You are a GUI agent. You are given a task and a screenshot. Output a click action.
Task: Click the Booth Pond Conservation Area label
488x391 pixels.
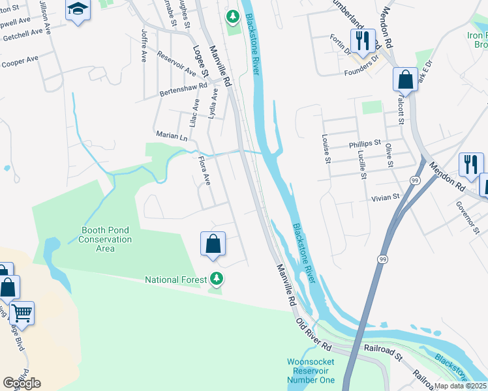[106, 239]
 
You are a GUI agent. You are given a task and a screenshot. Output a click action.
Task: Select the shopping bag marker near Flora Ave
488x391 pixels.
[213, 244]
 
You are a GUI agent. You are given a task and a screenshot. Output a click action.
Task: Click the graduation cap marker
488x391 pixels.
[78, 10]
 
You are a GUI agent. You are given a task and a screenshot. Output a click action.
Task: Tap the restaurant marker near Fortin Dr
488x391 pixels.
[363, 40]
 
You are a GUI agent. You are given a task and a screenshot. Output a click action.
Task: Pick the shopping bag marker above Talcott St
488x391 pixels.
[405, 80]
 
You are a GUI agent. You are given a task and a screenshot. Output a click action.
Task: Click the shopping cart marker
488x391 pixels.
[22, 313]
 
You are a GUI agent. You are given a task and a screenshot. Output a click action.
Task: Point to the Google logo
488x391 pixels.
[22, 383]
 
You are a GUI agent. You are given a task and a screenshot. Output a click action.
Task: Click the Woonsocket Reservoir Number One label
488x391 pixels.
[311, 371]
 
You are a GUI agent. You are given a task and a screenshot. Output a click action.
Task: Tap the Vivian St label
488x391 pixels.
[385, 197]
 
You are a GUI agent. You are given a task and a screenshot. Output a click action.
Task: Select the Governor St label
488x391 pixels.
[468, 216]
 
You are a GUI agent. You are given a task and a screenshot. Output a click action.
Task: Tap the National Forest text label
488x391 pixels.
[171, 280]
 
